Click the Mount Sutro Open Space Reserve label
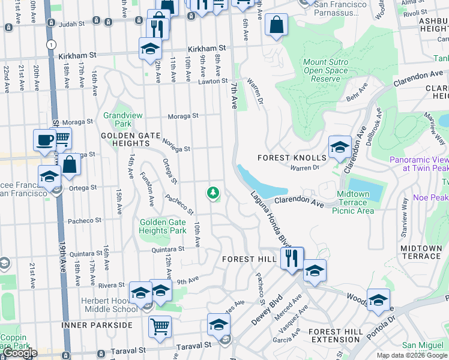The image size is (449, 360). (325, 71)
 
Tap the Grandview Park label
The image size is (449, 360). (117, 119)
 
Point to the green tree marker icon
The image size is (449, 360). (212, 193)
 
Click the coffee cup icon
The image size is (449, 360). (44, 140)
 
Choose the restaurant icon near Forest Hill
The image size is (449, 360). (292, 259)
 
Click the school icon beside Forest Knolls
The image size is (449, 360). (340, 147)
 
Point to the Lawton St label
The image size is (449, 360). (214, 81)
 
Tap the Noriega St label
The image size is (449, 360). (176, 145)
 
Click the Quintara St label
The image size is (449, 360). (167, 249)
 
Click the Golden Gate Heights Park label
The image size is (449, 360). (163, 226)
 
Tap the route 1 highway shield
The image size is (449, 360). (52, 44)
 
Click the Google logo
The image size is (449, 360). (20, 353)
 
